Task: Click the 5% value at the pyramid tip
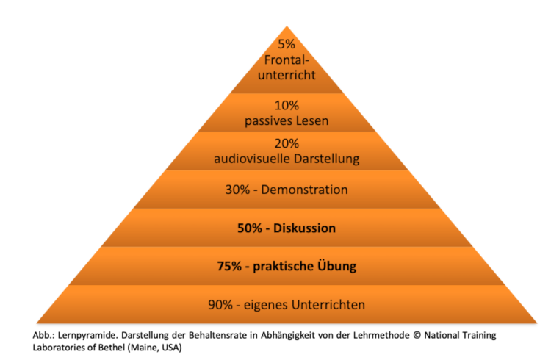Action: (x=287, y=44)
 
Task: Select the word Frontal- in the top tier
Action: (x=287, y=60)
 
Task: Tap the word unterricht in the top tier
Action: (x=287, y=75)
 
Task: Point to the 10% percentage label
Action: (x=287, y=106)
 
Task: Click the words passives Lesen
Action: (x=287, y=121)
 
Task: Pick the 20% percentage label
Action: (x=287, y=143)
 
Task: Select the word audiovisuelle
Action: (x=252, y=159)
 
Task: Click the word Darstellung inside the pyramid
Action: (x=327, y=159)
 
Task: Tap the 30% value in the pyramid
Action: (x=237, y=190)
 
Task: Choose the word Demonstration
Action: (x=304, y=190)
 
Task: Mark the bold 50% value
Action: (x=250, y=228)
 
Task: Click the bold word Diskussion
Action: (x=305, y=228)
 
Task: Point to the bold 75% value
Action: (x=229, y=266)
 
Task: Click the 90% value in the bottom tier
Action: (x=220, y=305)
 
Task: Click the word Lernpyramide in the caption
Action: (x=87, y=336)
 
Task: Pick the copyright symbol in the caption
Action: (x=417, y=335)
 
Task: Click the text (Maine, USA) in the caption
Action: (x=154, y=348)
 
